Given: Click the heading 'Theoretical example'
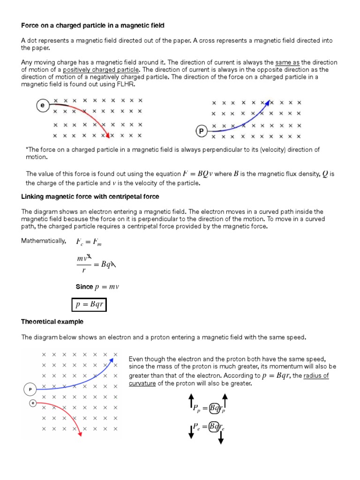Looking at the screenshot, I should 52,322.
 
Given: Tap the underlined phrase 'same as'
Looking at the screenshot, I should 287,63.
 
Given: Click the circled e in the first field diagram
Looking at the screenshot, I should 43,106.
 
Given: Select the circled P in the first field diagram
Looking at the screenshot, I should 201,132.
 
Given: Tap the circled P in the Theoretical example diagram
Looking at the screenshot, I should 30,389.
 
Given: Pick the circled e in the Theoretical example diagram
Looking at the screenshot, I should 32,403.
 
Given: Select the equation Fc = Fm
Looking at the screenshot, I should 89,242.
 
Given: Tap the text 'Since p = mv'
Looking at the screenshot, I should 97,286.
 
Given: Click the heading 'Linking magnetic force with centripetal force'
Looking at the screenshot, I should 90,196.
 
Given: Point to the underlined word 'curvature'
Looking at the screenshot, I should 143,383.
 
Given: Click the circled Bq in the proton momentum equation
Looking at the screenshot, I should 215,408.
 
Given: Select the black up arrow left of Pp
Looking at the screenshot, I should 191,401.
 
